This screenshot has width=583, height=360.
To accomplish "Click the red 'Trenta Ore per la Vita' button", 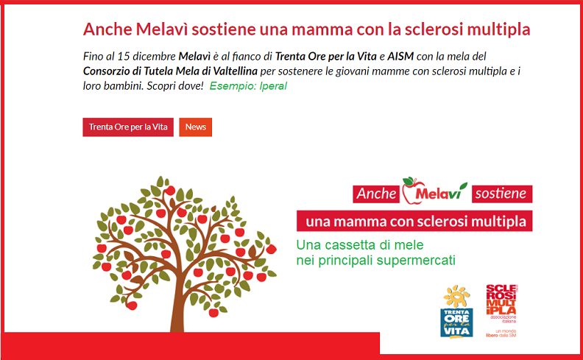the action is tap(128, 127).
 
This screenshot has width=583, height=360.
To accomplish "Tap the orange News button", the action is tap(196, 127).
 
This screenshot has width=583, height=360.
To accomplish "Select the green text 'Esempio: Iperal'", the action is tap(248, 86).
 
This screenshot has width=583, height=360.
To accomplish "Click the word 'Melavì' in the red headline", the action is tap(161, 29).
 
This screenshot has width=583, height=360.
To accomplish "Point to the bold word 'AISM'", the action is tap(400, 57).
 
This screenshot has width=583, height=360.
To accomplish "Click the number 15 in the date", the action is tap(123, 57).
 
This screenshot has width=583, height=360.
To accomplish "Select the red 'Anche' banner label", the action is tap(376, 194).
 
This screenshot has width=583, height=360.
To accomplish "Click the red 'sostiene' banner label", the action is tap(502, 194).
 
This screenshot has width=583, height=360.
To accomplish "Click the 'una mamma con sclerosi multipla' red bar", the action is tap(414, 221).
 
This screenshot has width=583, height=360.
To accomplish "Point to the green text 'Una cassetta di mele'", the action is tap(360, 244).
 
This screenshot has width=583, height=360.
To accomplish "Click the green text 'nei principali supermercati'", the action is tap(376, 260).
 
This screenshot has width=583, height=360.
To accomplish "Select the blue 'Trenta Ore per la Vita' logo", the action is tap(456, 322).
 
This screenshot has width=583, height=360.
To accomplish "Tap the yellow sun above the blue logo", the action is tap(456, 297).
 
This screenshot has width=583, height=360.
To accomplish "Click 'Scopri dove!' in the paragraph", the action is tap(175, 86).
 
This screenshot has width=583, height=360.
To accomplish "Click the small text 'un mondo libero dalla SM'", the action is tap(501, 333).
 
